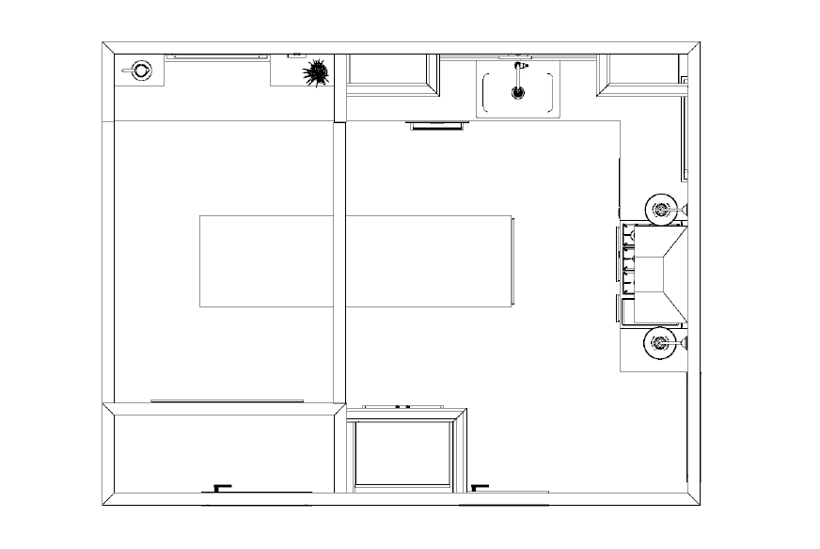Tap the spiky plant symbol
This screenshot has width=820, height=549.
316,71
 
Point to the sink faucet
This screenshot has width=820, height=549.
516,69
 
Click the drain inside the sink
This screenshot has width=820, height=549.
516,92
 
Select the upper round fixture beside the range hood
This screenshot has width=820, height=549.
662,209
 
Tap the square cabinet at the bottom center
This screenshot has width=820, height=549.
402,454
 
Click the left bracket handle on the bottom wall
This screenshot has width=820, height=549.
222,487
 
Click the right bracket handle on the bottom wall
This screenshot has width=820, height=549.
480,487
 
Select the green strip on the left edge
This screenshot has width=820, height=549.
30,274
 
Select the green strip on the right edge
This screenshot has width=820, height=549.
784,274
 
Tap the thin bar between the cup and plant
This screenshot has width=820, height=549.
217,57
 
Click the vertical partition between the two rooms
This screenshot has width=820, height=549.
339,263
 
